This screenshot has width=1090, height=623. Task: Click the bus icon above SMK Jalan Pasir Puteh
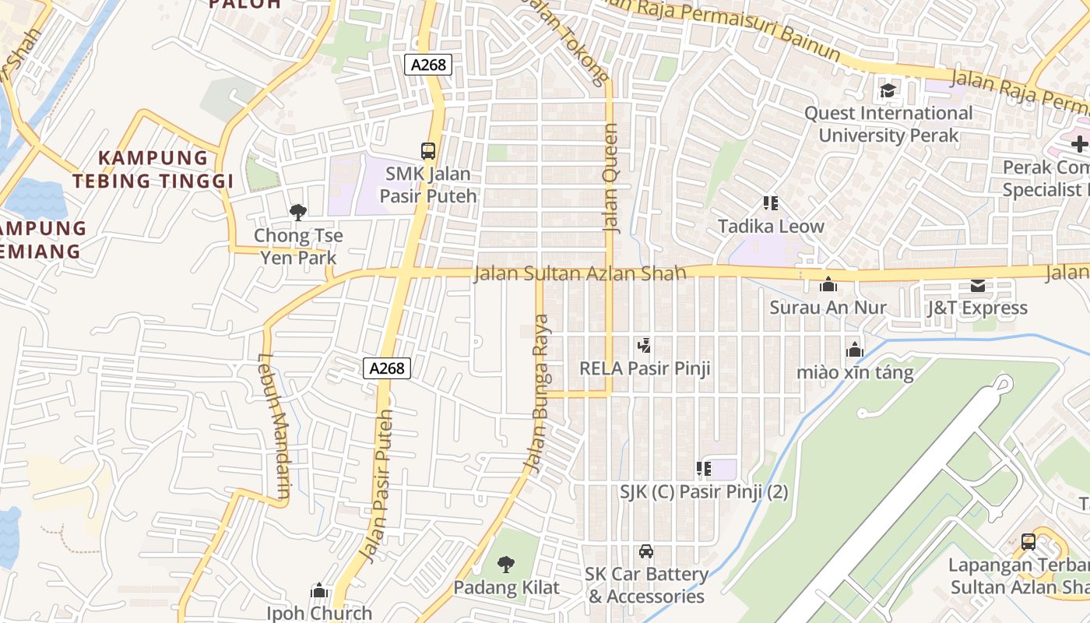coord(427,150)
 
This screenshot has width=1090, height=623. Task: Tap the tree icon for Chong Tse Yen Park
coord(297,212)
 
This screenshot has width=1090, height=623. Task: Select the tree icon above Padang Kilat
coord(506,564)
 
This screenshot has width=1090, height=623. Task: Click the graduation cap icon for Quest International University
coord(888,91)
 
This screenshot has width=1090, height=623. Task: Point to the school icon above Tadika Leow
coord(771,204)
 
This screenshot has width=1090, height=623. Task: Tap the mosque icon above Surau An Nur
coord(828,285)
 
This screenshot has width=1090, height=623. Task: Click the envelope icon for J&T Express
coord(977,286)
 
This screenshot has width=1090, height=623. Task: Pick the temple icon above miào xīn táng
coord(855,350)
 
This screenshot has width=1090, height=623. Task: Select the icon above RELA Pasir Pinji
coord(644,345)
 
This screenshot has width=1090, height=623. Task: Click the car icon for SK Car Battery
coord(645,552)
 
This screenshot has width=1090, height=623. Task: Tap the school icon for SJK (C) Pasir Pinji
coord(704,469)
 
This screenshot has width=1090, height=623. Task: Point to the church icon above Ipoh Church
coord(319,591)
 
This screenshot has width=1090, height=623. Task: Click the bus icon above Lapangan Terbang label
coord(1028,541)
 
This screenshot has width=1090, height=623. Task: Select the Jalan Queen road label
coord(610,178)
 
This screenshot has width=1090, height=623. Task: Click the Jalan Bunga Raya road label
coord(537,393)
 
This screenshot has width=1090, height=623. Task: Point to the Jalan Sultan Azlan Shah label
coord(580,273)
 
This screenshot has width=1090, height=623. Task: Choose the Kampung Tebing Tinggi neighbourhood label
coord(154,170)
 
